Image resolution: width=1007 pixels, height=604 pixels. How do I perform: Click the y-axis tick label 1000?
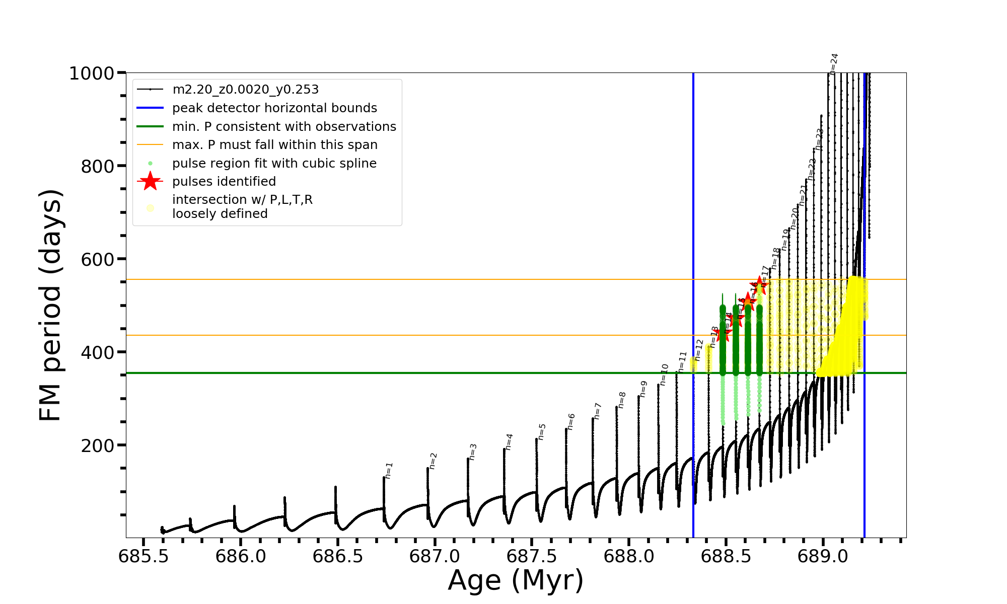click(x=92, y=73)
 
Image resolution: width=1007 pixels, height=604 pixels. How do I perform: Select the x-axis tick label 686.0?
click(x=240, y=556)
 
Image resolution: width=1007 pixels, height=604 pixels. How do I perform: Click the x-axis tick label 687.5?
click(x=532, y=556)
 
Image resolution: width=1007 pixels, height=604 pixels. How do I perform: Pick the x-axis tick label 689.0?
click(x=823, y=556)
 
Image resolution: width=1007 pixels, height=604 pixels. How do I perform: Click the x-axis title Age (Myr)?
click(x=516, y=580)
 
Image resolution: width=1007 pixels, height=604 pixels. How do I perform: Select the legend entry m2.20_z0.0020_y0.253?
click(x=245, y=90)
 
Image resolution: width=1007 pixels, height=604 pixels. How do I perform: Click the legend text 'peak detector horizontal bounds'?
click(x=274, y=108)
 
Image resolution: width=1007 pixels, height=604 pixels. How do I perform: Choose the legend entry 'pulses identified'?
click(x=224, y=182)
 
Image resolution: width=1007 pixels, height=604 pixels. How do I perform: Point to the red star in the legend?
click(x=150, y=181)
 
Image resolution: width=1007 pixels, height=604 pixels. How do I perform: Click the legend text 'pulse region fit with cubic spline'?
click(x=274, y=164)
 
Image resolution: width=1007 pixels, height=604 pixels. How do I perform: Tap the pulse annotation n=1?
click(x=389, y=470)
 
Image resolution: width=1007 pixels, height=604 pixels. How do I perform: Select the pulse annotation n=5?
click(x=542, y=431)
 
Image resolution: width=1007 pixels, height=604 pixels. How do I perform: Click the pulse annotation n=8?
click(x=622, y=400)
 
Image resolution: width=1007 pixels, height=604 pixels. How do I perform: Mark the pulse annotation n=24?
click(x=834, y=63)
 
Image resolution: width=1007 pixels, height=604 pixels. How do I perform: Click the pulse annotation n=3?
click(x=472, y=451)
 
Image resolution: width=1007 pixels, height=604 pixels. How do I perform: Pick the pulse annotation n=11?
click(x=682, y=361)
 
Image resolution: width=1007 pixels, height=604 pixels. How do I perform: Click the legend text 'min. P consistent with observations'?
click(x=284, y=127)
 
